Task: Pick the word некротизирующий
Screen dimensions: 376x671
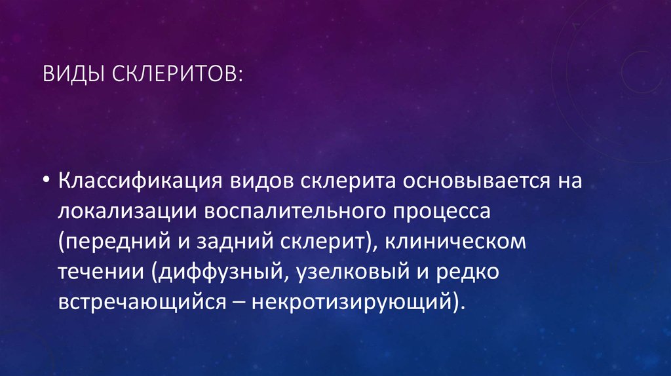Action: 355,303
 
